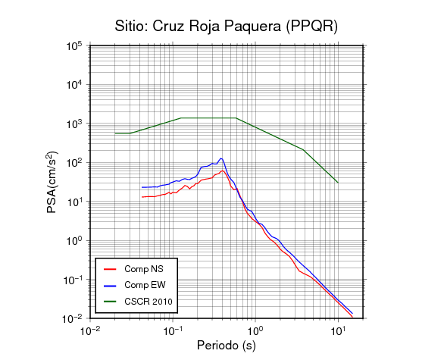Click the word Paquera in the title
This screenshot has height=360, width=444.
[252, 27]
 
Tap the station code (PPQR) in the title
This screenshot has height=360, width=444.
[311, 27]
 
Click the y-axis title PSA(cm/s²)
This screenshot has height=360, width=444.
[53, 182]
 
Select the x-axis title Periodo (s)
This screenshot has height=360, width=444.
[227, 346]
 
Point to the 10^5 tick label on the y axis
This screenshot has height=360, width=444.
[74, 46]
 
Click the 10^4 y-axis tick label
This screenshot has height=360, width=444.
[74, 85]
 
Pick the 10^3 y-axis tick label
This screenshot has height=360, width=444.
[74, 124]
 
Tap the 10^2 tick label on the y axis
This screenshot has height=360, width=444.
[74, 163]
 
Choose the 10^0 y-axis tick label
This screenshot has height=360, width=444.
[74, 241]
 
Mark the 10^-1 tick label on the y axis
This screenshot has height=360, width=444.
[73, 280]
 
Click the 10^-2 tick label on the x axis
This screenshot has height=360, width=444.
[90, 331]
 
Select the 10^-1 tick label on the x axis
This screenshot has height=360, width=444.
[173, 331]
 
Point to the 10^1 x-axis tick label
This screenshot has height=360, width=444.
[338, 331]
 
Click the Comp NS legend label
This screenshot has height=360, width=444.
[144, 269]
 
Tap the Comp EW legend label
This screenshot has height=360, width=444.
[145, 285]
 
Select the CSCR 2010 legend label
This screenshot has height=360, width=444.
[149, 302]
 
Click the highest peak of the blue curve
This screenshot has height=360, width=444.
[221, 158]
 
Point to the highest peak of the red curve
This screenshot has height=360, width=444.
[223, 171]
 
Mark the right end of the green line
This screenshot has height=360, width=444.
[338, 183]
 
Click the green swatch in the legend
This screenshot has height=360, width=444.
[110, 302]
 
